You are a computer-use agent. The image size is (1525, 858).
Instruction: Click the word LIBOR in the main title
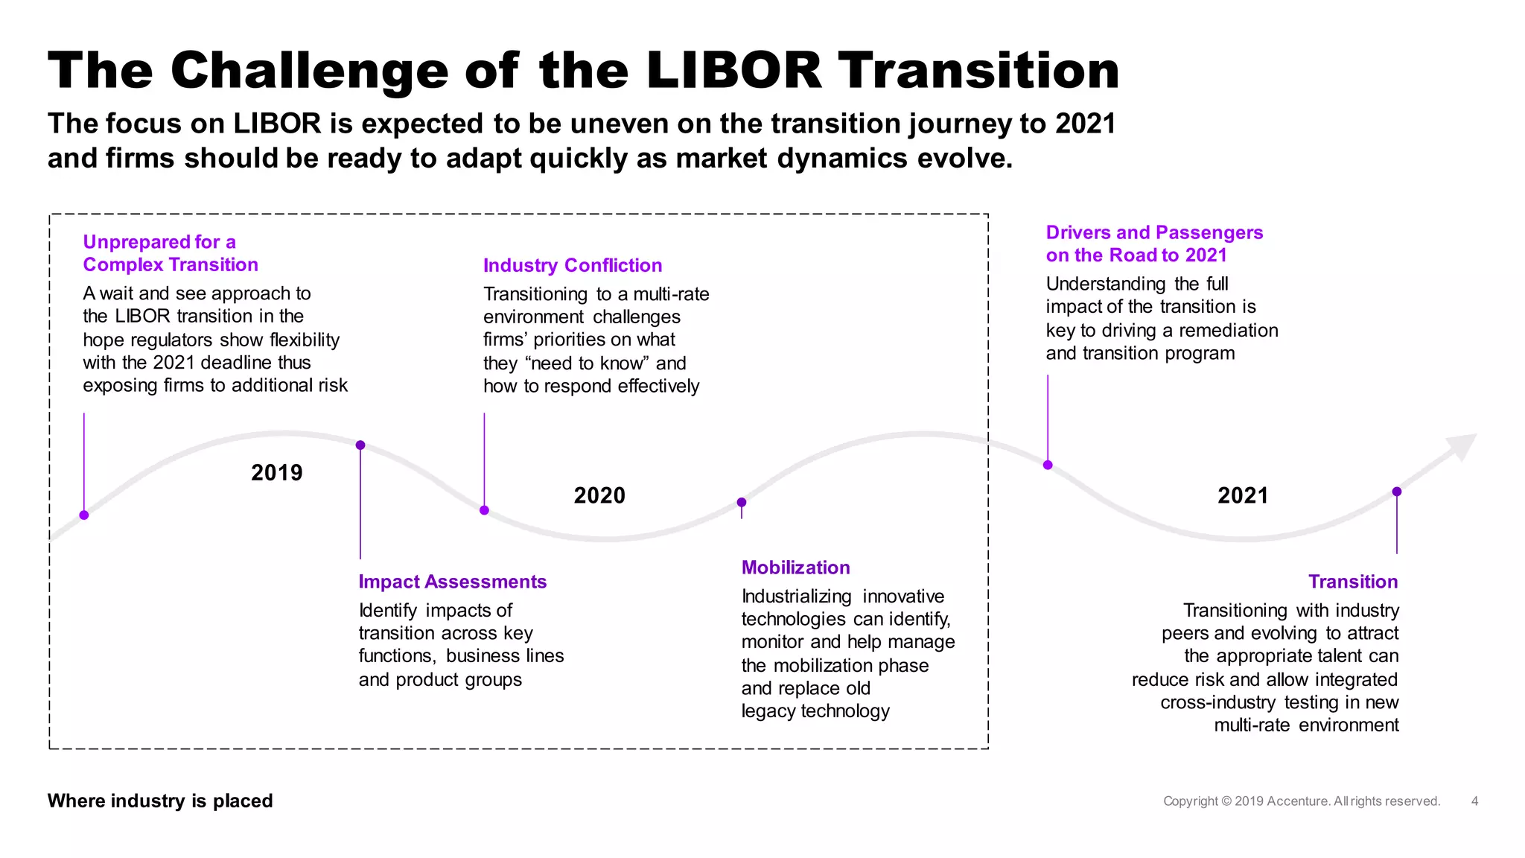tap(733, 71)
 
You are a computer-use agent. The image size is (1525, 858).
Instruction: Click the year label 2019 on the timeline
tap(276, 473)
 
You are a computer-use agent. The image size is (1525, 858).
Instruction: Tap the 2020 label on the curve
tap(599, 495)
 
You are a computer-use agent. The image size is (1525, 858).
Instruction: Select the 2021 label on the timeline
tap(1242, 495)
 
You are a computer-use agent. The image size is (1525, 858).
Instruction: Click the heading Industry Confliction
tap(572, 266)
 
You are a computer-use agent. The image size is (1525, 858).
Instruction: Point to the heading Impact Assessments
tap(452, 582)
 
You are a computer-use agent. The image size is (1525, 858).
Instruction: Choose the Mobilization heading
tap(795, 568)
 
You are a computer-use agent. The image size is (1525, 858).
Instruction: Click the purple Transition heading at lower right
tap(1352, 582)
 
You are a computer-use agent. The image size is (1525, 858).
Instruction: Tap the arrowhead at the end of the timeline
tap(1462, 446)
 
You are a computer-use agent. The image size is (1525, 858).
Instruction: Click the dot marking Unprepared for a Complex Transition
tap(84, 515)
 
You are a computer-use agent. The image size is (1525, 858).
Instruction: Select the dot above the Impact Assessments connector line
tap(360, 445)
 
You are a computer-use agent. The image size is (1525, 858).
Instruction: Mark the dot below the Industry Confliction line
tap(484, 510)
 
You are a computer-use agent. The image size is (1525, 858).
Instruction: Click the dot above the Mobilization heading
tap(742, 503)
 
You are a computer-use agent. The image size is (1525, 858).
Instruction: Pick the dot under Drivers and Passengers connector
tap(1048, 465)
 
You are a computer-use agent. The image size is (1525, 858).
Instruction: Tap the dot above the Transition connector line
tap(1397, 492)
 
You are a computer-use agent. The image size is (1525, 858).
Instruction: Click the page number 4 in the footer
tap(1474, 801)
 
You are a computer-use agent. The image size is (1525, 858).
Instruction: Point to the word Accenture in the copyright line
tap(1298, 801)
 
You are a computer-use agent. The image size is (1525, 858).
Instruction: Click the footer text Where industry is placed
tap(160, 801)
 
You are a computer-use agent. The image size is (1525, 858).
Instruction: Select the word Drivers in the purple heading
tap(1077, 232)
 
